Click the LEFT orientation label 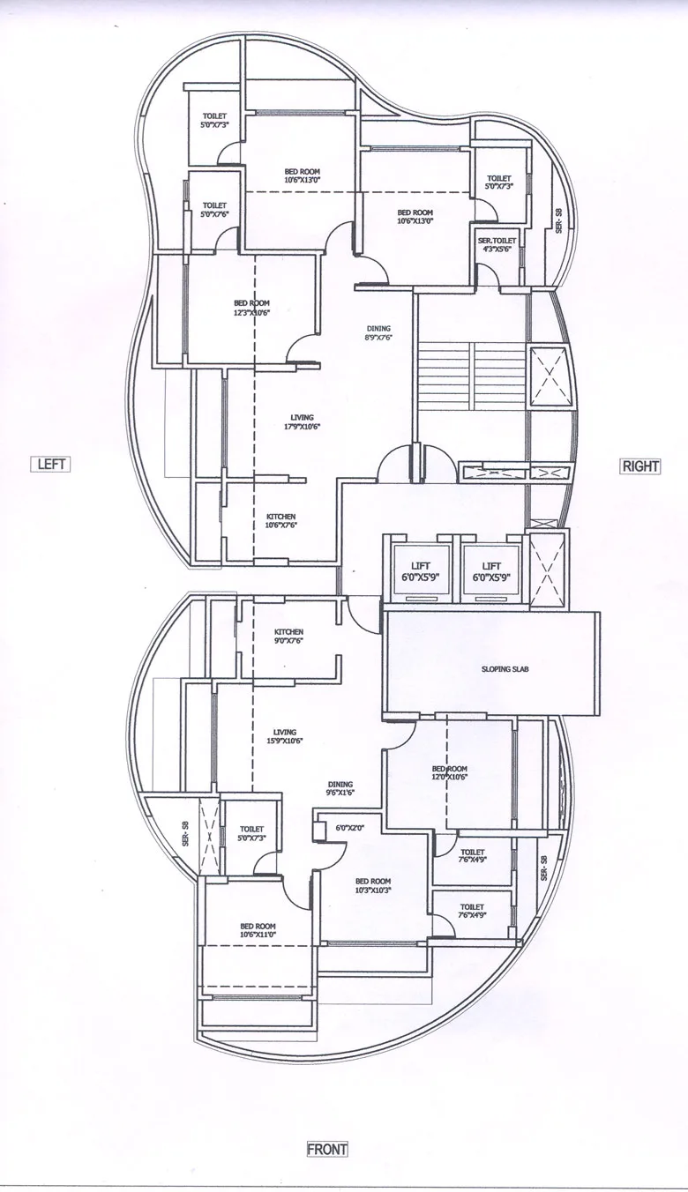[x=51, y=464]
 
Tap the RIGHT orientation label [x=640, y=466]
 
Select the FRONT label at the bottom [x=327, y=1149]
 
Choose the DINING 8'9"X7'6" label [x=378, y=332]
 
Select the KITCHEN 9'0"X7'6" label [x=288, y=637]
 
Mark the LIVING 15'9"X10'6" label [x=284, y=736]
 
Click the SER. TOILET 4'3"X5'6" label [x=497, y=244]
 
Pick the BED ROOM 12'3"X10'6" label [x=251, y=308]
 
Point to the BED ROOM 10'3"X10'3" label [x=373, y=885]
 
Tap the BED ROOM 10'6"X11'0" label [x=258, y=930]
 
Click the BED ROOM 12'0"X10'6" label [x=450, y=773]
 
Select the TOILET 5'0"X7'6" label [x=214, y=210]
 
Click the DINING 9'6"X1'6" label [x=340, y=788]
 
